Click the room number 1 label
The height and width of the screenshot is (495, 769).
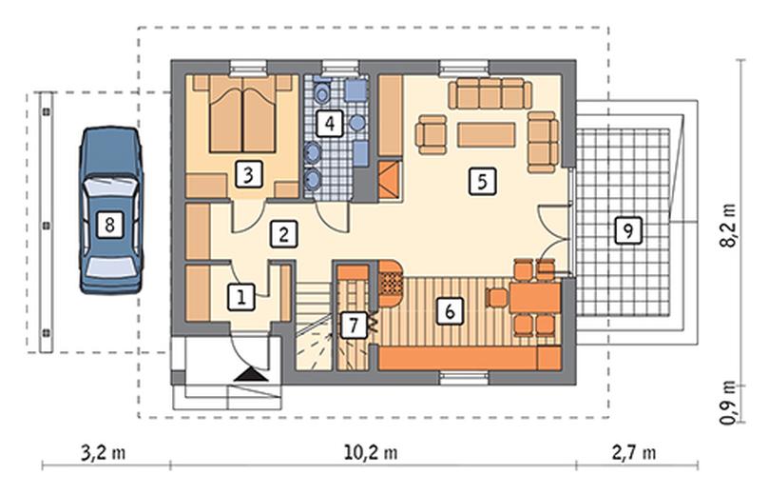click(241, 297)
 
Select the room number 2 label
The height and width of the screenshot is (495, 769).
click(283, 234)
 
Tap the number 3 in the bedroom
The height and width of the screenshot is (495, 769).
click(248, 174)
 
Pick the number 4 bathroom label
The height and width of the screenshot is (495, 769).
click(330, 123)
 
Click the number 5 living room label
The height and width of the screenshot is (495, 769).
click(482, 182)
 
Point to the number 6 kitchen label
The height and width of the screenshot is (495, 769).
click(450, 310)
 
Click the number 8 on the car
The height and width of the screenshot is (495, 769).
click(109, 225)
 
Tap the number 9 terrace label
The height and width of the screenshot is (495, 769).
click(628, 229)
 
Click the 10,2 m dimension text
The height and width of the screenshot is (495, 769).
click(371, 452)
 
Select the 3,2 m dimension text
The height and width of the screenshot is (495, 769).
click(103, 452)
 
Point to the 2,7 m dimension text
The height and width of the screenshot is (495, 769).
click(634, 452)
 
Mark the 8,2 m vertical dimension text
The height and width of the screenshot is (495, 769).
click(729, 225)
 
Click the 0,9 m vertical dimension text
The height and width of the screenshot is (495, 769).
click(729, 402)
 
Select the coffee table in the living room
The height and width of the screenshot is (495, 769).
click(487, 135)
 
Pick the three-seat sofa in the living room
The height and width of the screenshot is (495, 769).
click(490, 93)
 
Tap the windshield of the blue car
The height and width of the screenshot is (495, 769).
click(110, 187)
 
